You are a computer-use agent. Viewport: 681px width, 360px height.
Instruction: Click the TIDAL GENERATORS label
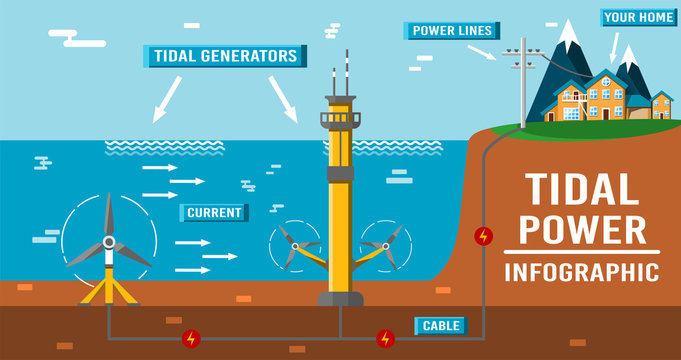225,55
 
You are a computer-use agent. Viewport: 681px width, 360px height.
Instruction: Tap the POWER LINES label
451,30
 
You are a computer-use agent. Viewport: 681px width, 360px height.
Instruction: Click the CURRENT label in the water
214,212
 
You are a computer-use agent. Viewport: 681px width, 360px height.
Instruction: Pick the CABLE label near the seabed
441,325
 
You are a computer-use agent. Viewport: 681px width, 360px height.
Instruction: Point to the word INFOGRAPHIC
581,272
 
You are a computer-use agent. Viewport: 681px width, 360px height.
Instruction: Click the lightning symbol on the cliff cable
484,236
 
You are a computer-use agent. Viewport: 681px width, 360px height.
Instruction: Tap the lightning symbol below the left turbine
193,338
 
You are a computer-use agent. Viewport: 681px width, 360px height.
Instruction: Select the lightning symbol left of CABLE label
385,338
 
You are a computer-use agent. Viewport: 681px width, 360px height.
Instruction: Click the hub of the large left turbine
108,243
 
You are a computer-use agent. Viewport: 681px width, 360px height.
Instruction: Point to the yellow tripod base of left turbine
109,290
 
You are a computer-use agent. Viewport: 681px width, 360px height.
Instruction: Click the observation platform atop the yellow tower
339,118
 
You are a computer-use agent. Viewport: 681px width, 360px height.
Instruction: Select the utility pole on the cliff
521,85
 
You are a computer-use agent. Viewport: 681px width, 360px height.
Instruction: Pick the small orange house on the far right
661,104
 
